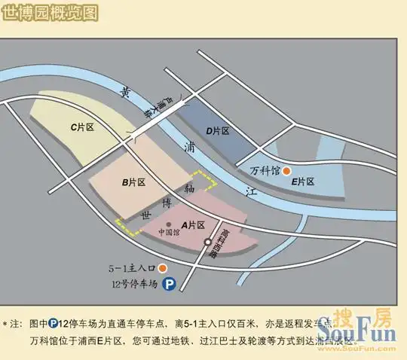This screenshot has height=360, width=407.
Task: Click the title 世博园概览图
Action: (x=50, y=12)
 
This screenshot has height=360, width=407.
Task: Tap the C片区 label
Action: (x=81, y=128)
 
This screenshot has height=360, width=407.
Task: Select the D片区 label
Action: (x=217, y=131)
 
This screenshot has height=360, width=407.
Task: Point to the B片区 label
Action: (x=133, y=182)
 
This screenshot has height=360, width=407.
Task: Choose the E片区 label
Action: (x=302, y=182)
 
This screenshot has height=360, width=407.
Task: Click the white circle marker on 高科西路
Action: (x=208, y=242)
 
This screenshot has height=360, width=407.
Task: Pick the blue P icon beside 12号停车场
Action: (x=170, y=285)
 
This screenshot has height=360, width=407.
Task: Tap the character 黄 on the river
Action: (x=126, y=93)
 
